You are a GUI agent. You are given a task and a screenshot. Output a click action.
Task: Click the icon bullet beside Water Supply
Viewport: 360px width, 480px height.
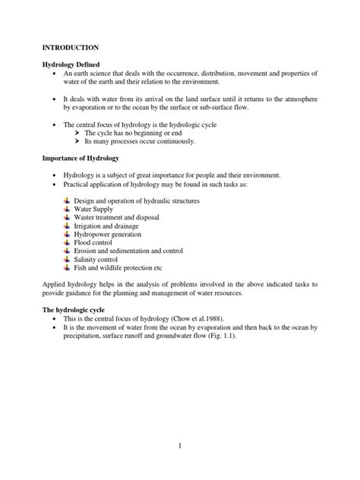[67, 209]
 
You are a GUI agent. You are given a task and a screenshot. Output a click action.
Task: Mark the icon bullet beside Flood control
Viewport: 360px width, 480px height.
[67, 242]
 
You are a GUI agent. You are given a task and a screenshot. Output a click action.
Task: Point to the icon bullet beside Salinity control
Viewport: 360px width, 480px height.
[67, 259]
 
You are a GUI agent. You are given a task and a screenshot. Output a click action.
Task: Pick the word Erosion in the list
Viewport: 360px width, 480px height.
[86, 251]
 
